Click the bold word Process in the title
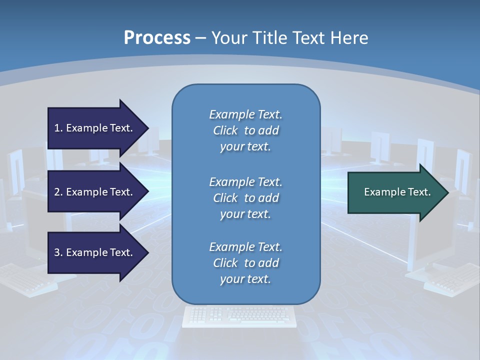pos(157,38)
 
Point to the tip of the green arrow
pos(447,192)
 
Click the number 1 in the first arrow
pos(57,128)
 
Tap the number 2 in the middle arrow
pos(57,192)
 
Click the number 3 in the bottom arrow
pos(57,252)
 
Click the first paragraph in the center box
pos(245,130)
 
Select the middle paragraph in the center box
pos(245,198)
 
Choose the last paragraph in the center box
pos(245,263)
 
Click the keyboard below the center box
pos(239,316)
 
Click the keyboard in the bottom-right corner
pos(452,280)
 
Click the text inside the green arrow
pos(397,192)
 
